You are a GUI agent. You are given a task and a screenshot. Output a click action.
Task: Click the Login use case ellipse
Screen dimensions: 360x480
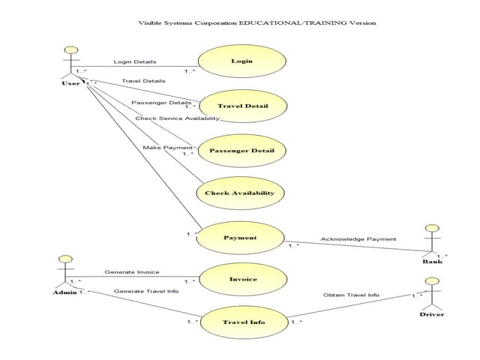[241, 61]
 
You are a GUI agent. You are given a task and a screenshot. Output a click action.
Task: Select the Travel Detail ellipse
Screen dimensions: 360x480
[242, 106]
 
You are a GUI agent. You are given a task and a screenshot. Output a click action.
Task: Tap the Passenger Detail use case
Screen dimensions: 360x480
[241, 150]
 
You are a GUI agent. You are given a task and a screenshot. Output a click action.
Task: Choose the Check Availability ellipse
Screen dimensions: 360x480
[239, 193]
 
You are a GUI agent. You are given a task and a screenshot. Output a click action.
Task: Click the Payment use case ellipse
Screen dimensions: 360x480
[240, 238]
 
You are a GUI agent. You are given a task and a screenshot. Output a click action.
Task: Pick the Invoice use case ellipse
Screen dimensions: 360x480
[242, 279]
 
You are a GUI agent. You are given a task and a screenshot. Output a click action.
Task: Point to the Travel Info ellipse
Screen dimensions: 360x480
[243, 322]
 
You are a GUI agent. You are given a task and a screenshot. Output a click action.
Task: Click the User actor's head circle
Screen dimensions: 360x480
[72, 50]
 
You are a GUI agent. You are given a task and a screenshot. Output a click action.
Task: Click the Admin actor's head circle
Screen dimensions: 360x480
[65, 259]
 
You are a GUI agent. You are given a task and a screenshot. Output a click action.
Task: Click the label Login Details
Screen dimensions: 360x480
[135, 61]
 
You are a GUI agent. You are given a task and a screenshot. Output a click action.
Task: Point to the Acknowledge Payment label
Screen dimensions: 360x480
[358, 239]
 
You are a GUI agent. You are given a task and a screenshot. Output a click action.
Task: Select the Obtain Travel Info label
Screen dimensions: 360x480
[351, 295]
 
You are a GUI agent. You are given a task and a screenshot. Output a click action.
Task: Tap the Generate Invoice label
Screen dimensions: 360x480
[131, 272]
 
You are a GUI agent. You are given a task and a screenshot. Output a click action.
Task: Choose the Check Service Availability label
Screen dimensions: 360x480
[177, 118]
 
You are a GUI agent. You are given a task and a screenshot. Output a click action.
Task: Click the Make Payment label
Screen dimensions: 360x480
[167, 147]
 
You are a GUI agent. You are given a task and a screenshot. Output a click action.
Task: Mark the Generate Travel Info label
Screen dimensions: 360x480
[145, 291]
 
